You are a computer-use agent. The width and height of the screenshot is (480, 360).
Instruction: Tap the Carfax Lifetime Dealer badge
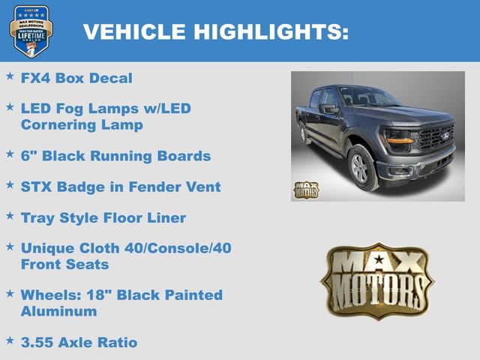coord(31,31)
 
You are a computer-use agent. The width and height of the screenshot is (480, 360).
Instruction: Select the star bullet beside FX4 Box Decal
coord(10,76)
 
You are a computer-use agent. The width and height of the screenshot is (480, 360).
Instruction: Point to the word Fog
coord(70,109)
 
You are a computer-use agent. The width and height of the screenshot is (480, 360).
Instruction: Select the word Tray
coord(38,218)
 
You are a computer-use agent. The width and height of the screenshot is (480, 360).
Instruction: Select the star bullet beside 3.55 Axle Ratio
coord(10,340)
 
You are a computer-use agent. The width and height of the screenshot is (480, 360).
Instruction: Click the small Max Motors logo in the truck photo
coord(306,190)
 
